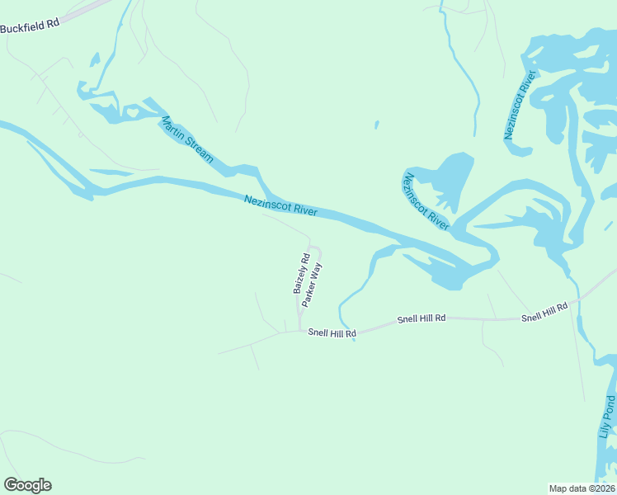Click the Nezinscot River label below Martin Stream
(x=280, y=205)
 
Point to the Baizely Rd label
(x=301, y=273)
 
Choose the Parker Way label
(x=311, y=284)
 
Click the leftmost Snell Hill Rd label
(x=332, y=332)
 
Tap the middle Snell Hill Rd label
(x=421, y=318)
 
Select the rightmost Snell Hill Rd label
(x=544, y=312)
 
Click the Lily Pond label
(x=608, y=417)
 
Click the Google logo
(x=27, y=485)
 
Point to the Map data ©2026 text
(x=582, y=488)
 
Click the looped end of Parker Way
(x=314, y=251)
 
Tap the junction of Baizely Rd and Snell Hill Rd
(x=299, y=332)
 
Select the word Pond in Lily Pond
(x=608, y=406)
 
